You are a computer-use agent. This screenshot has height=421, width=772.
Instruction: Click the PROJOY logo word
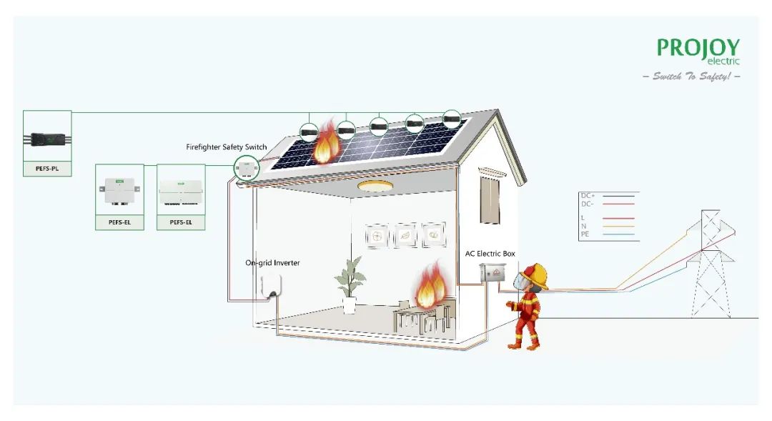(697, 47)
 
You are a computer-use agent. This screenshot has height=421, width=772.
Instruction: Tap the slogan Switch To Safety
(691, 76)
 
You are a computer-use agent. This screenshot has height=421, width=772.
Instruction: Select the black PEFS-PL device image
(47, 137)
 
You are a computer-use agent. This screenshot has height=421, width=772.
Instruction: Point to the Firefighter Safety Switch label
(226, 147)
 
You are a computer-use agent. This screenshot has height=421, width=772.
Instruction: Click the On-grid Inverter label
(272, 263)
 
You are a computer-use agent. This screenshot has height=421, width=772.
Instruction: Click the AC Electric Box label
(490, 254)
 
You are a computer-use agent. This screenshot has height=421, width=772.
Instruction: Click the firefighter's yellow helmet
(533, 276)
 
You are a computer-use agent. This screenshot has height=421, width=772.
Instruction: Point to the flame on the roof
(326, 143)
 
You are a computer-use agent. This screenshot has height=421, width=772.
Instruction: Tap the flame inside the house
(430, 285)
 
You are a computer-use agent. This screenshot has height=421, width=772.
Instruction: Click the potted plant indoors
(350, 284)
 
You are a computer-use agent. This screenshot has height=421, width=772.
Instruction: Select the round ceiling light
(374, 187)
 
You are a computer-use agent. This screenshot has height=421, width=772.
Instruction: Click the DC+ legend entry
(588, 195)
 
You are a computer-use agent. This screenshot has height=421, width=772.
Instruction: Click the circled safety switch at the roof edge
(246, 168)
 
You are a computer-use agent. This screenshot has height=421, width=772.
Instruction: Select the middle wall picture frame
(405, 235)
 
